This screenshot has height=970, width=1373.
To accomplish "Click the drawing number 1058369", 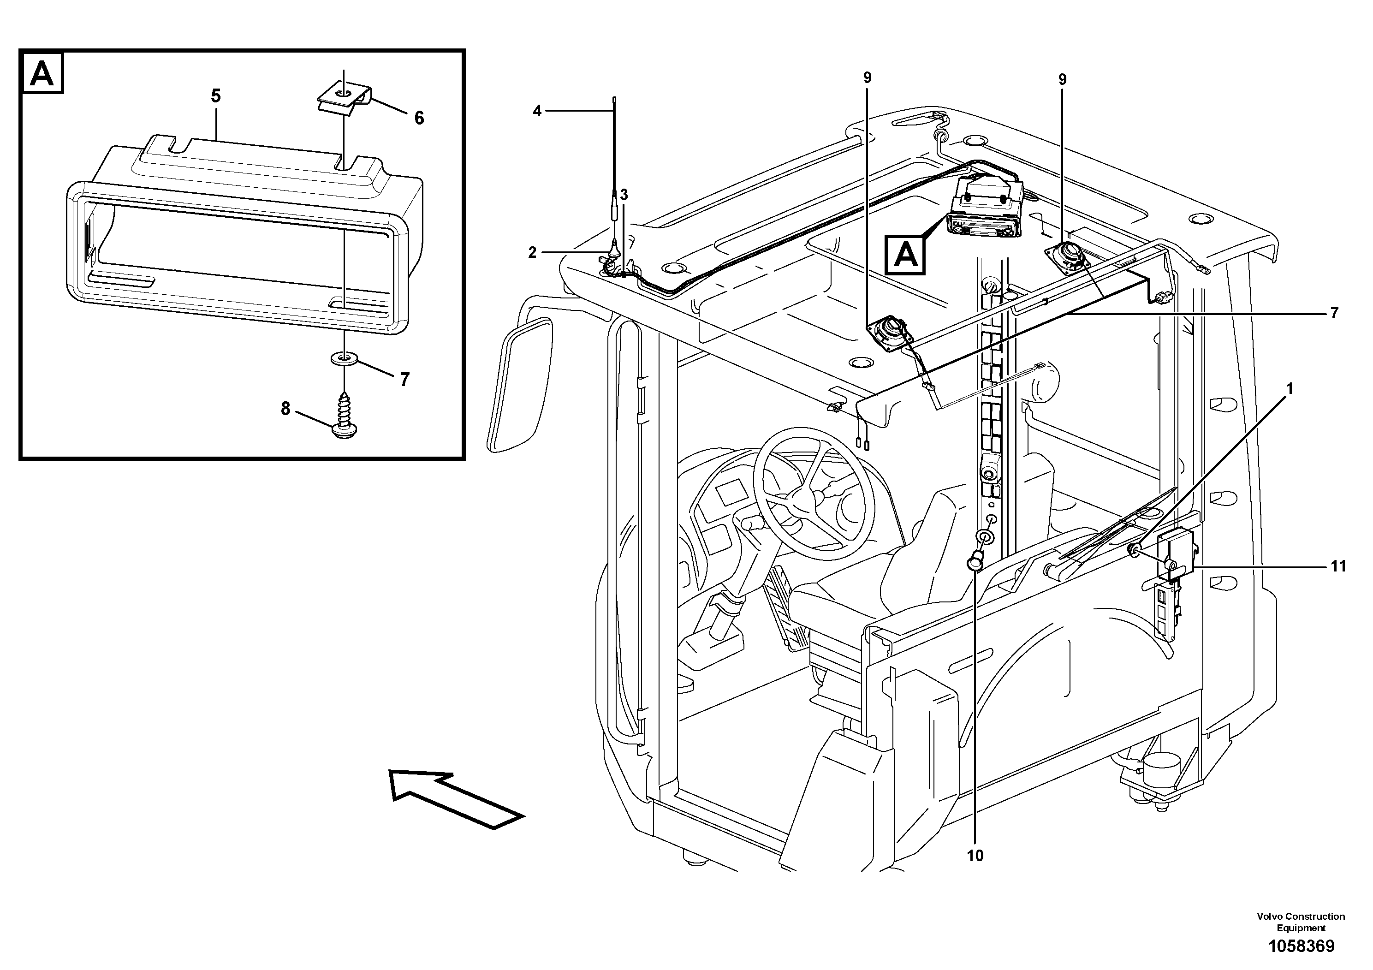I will pyautogui.click(x=1301, y=946).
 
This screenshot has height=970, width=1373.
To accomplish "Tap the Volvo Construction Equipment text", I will pyautogui.click(x=1301, y=922).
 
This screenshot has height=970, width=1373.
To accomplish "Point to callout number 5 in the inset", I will pyautogui.click(x=216, y=95).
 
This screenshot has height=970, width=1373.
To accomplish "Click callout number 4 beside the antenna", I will pyautogui.click(x=537, y=111).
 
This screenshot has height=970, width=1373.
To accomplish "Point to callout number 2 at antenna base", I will pyautogui.click(x=532, y=252).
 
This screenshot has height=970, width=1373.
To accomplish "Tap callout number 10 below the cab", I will pyautogui.click(x=975, y=856).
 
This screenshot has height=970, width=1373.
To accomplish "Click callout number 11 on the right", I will pyautogui.click(x=1338, y=566).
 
